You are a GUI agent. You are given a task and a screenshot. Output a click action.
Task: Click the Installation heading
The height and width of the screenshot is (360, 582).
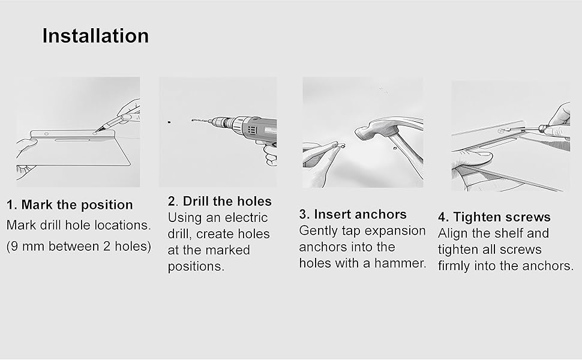pyautogui.click(x=95, y=36)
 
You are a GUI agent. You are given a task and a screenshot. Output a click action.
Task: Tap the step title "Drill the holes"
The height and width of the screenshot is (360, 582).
pyautogui.click(x=227, y=201)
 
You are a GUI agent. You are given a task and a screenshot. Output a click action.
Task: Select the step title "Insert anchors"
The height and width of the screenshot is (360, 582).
pyautogui.click(x=360, y=214)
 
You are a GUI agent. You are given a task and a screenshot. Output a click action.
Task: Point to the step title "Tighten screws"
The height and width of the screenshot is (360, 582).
pyautogui.click(x=502, y=217)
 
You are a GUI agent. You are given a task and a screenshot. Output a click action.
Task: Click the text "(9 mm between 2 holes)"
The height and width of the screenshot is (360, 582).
pyautogui.click(x=79, y=247)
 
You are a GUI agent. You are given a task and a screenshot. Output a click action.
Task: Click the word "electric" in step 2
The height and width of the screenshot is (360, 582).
pyautogui.click(x=246, y=217)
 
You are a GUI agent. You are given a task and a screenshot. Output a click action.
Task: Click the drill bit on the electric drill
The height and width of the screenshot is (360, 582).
pyautogui.click(x=200, y=121)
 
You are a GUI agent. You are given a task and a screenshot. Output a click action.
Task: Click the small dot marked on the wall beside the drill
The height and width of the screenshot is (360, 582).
pyautogui.click(x=169, y=122)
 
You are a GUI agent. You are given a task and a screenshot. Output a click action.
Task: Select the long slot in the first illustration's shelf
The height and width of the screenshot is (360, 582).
pyautogui.click(x=73, y=140)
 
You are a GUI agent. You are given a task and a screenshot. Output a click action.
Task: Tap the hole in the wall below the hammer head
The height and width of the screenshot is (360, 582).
pyautogui.click(x=395, y=148)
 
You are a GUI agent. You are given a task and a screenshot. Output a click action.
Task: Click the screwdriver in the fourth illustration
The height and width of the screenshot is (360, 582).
pyautogui.click(x=527, y=129)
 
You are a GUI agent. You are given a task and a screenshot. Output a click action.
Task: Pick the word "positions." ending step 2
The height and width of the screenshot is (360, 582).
pyautogui.click(x=196, y=266)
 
